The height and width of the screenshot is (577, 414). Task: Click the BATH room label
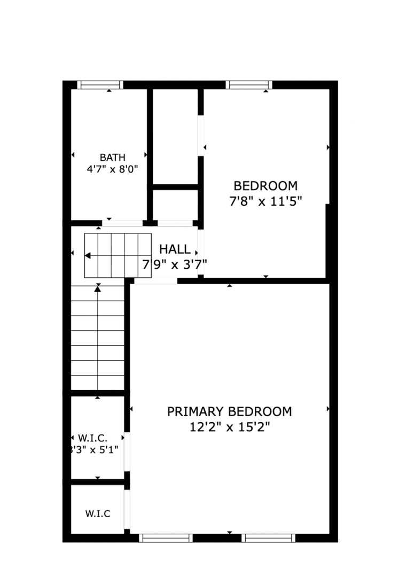click(x=113, y=158)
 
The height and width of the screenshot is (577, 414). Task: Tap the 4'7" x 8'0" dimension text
click(x=112, y=169)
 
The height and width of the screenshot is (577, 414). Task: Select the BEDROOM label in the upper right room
click(x=265, y=186)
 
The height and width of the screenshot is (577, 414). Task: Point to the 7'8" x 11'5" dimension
click(x=265, y=201)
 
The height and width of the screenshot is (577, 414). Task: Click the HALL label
click(x=175, y=249)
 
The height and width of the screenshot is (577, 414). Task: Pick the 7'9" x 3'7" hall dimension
click(x=175, y=264)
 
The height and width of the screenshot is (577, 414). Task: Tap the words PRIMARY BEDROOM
click(x=230, y=411)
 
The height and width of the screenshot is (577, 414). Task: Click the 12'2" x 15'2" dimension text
click(x=230, y=427)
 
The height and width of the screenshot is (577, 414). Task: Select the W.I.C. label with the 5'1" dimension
click(x=93, y=438)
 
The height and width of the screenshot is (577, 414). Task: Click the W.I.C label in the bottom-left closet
click(x=98, y=514)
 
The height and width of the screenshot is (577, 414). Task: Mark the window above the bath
click(x=100, y=85)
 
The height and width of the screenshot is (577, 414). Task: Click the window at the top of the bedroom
click(x=249, y=85)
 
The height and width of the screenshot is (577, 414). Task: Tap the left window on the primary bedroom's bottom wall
click(x=166, y=538)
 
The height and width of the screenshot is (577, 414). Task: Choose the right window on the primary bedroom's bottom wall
click(x=268, y=538)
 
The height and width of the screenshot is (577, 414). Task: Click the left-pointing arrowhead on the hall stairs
click(x=88, y=255)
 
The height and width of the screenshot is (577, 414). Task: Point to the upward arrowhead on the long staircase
click(x=98, y=289)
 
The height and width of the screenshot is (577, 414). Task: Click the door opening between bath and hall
click(x=122, y=223)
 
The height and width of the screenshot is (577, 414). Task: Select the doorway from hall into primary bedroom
click(x=155, y=281)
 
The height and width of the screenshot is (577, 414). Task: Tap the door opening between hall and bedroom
click(x=200, y=252)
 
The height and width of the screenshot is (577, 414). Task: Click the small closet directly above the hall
click(x=175, y=205)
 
